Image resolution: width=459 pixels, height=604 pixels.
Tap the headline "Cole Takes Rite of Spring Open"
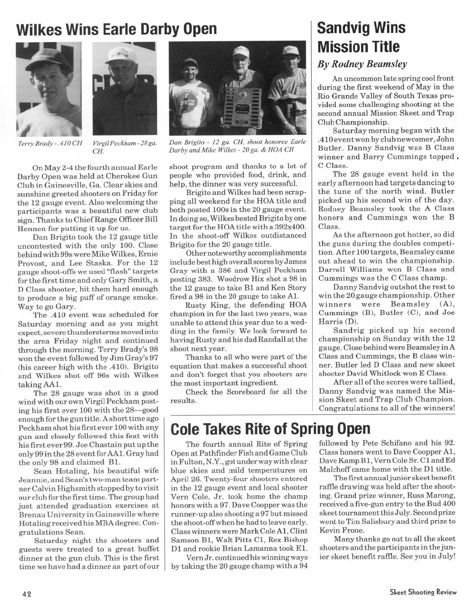tap(271, 429)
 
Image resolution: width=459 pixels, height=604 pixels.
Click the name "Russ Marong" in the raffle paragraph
tap(430, 487)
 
